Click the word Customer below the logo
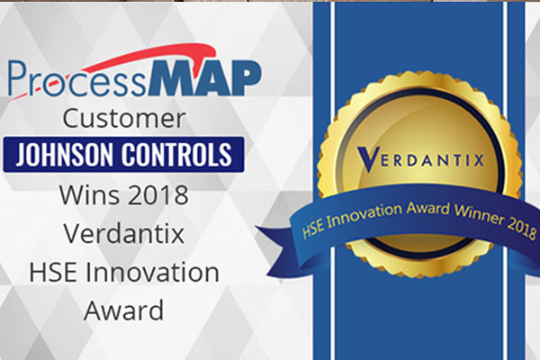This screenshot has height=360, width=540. (x=124, y=119)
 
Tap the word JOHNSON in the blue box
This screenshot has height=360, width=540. (x=64, y=154)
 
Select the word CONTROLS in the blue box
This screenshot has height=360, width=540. (x=176, y=154)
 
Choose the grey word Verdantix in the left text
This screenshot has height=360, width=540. (x=124, y=234)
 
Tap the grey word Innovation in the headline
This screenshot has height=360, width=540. (x=152, y=272)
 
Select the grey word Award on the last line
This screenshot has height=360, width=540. (x=123, y=310)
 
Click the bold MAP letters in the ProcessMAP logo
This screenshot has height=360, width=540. (x=205, y=78)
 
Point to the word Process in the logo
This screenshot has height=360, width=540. (x=76, y=80)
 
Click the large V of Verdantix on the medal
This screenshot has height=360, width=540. (x=368, y=158)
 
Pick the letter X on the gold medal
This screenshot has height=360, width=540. (x=479, y=160)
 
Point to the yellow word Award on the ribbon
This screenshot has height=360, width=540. (x=427, y=208)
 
